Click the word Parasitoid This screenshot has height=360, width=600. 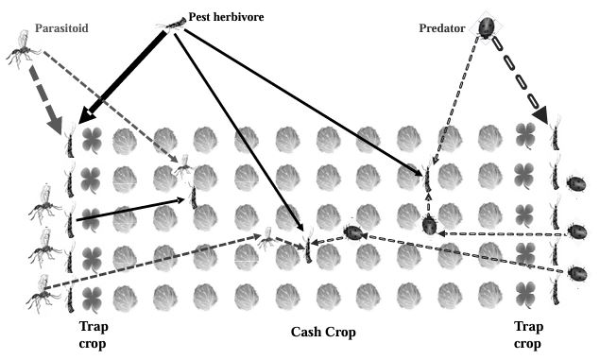tap(61, 28)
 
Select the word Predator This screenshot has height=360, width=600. tap(442, 27)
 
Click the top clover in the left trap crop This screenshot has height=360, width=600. tap(92, 141)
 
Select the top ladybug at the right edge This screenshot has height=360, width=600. tap(574, 180)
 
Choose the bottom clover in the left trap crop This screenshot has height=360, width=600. tap(92, 297)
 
